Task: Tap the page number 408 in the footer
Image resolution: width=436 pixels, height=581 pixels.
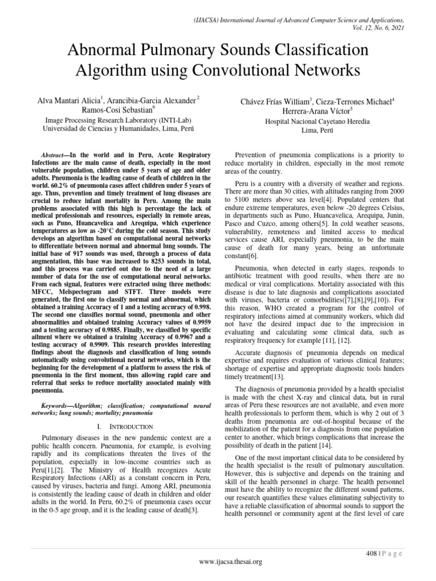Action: click(x=372, y=553)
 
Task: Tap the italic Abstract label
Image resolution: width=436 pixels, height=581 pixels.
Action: click(x=54, y=155)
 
